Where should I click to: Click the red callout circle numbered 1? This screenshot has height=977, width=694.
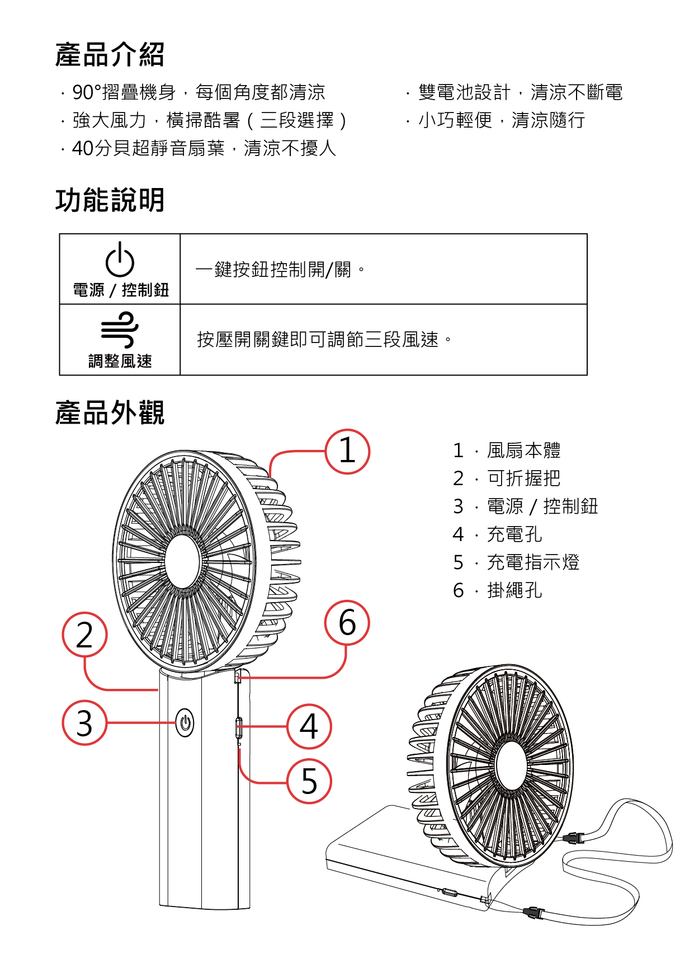click(347, 452)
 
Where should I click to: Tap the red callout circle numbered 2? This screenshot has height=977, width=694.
click(84, 635)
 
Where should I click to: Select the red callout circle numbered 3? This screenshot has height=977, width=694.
click(84, 722)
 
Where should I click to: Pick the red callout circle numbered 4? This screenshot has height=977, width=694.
click(309, 726)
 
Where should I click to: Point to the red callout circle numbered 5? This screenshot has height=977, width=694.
click(309, 781)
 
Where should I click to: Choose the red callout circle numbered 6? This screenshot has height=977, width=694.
click(347, 623)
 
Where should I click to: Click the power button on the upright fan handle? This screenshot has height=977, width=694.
click(185, 722)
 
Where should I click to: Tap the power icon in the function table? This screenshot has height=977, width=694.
click(120, 260)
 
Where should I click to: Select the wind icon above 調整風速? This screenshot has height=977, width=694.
click(120, 330)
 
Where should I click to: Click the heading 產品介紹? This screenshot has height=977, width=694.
click(110, 55)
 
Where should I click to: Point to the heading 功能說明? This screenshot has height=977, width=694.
click(110, 200)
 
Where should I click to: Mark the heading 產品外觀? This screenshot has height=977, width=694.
click(110, 413)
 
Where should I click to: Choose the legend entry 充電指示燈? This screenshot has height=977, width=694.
click(532, 562)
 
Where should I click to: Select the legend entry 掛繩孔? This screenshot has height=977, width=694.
click(514, 590)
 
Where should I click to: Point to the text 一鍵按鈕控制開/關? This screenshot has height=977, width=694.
click(273, 270)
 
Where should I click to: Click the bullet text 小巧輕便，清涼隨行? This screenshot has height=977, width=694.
click(501, 120)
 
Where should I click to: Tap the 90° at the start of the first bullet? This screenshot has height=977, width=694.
click(87, 92)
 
